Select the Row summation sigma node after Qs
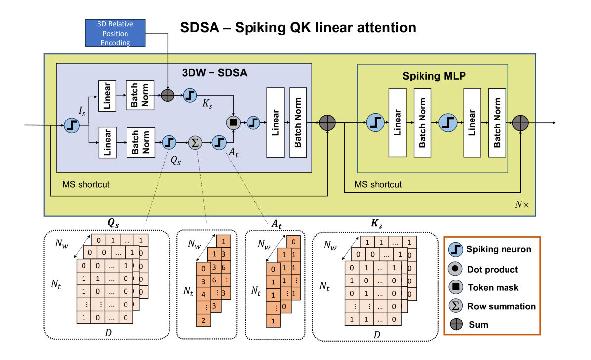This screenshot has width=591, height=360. click(x=195, y=143)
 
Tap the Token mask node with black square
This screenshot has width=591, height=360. click(x=233, y=122)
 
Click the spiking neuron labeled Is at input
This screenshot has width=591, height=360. click(x=72, y=125)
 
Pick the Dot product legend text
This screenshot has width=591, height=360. click(x=492, y=269)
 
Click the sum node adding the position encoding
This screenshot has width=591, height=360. click(x=168, y=95)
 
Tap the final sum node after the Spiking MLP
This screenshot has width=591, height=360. click(x=521, y=122)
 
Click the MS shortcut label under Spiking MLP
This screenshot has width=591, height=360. click(x=378, y=184)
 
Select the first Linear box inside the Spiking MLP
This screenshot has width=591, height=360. click(x=397, y=122)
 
